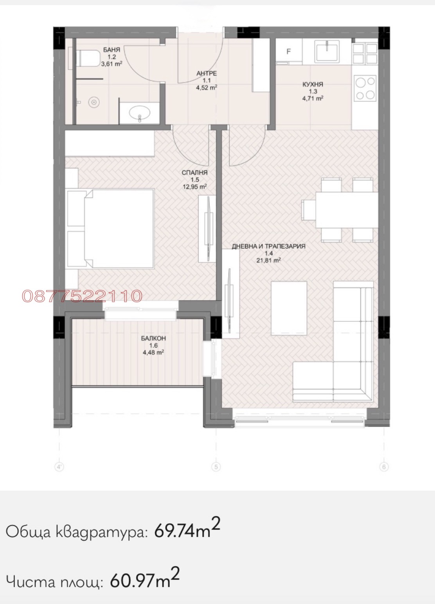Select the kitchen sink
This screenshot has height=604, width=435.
click(327, 50)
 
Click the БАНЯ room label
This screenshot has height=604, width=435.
click(111, 50)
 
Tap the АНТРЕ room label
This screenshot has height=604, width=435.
click(207, 73)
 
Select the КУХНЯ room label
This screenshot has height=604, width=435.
click(313, 84)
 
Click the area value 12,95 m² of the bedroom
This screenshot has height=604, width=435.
click(194, 187)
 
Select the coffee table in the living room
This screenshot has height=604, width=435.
click(289, 308)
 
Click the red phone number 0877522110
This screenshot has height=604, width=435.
click(82, 296)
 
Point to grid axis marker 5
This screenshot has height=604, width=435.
click(216, 467)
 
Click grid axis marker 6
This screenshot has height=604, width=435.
click(384, 467)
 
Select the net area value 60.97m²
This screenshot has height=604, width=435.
click(145, 581)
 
